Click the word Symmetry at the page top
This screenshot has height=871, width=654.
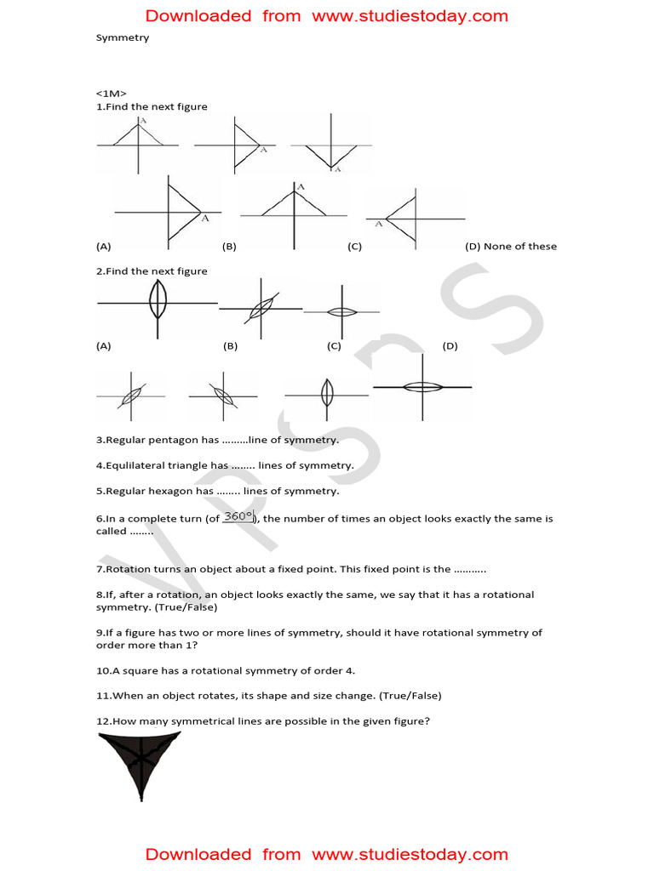(122, 38)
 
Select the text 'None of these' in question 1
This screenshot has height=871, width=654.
(520, 247)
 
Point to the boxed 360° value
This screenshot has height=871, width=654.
(238, 516)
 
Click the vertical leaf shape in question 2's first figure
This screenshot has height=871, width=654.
(158, 300)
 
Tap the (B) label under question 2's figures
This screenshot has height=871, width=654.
(230, 346)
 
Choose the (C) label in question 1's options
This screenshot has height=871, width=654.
(355, 247)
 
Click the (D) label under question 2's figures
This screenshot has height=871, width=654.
(450, 346)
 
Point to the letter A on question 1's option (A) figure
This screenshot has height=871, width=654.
(205, 219)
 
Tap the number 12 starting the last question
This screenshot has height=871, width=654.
(102, 721)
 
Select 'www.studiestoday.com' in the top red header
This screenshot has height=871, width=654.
(410, 16)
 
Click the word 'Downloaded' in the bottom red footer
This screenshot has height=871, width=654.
(198, 855)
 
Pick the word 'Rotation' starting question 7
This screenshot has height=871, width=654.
(127, 569)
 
